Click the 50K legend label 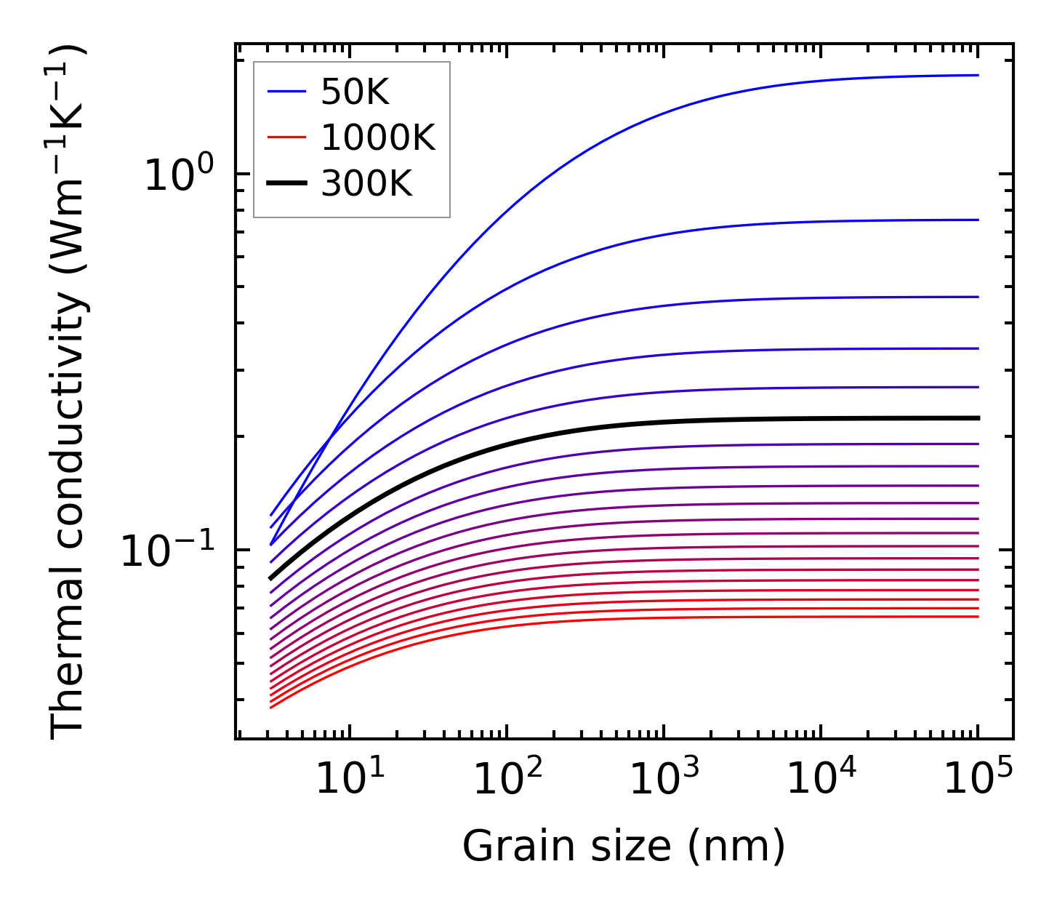[355, 92]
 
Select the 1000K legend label [378, 138]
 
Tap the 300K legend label [366, 185]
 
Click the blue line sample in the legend [287, 92]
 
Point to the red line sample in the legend [287, 138]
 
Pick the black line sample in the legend [287, 185]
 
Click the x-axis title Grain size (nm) [624, 847]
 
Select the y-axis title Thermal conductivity [68, 393]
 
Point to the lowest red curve [654, 618]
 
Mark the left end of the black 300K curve [271, 578]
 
